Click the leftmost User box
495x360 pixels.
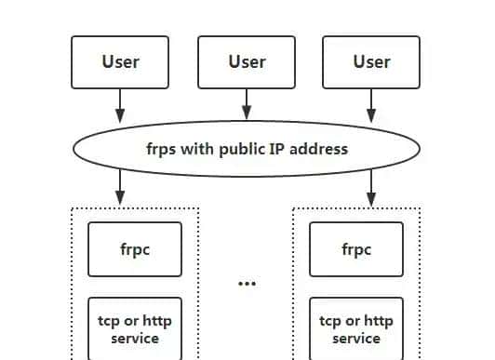(x=120, y=62)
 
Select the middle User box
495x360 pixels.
(x=247, y=62)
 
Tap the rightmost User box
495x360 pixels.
(x=371, y=62)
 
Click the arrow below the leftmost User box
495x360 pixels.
(x=120, y=105)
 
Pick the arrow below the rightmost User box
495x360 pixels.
(x=371, y=105)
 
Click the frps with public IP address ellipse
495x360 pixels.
(x=247, y=148)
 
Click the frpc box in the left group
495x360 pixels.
(x=135, y=249)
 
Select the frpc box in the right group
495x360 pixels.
(x=356, y=249)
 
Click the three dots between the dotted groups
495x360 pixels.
(x=247, y=283)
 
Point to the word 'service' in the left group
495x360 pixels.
(x=135, y=339)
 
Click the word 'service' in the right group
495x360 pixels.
(x=356, y=339)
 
